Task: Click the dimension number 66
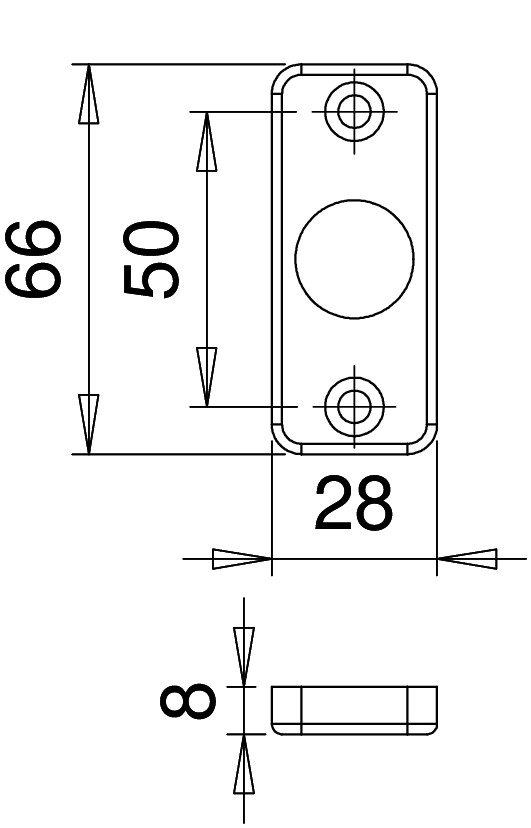point(33,259)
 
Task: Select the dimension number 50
point(151,259)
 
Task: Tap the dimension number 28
point(354,503)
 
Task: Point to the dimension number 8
point(188,700)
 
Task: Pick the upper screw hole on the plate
point(354,112)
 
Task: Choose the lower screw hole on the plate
point(354,407)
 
